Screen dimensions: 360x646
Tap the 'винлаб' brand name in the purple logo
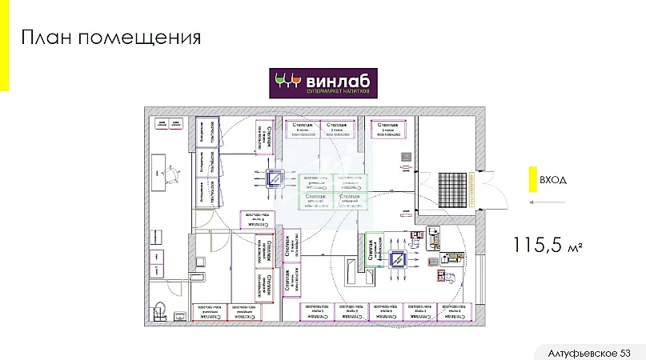[336, 79]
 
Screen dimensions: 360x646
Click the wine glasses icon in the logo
[287, 80]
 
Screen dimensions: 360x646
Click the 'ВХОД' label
[553, 180]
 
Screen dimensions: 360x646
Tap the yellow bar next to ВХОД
[531, 179]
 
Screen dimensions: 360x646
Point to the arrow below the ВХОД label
[547, 202]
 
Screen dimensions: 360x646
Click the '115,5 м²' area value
[550, 246]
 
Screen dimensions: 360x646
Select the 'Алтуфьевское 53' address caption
[590, 353]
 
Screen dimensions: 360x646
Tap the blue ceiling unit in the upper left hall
[276, 179]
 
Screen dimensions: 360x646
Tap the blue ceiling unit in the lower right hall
[398, 258]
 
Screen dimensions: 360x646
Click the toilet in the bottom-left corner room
[159, 308]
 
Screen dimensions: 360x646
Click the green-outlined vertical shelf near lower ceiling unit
[371, 249]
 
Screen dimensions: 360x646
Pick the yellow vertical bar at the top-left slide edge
[4, 45]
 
